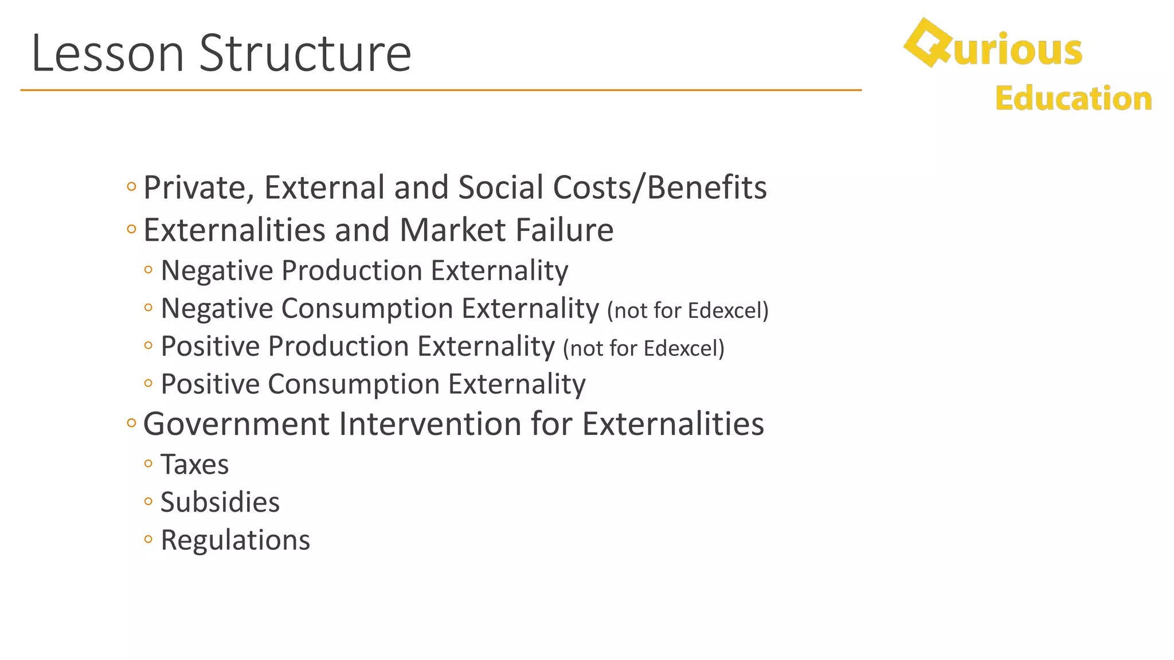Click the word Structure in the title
pyautogui.click(x=305, y=53)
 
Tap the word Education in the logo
pyautogui.click(x=1073, y=99)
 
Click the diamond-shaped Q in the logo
pyautogui.click(x=925, y=43)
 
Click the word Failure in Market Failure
pyautogui.click(x=564, y=230)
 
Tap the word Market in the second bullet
pyautogui.click(x=452, y=230)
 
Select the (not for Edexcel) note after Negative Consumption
pyautogui.click(x=687, y=311)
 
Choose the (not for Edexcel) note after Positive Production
pyautogui.click(x=643, y=348)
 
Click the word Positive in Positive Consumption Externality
pyautogui.click(x=210, y=384)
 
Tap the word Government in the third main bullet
pyautogui.click(x=236, y=425)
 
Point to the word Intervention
pyautogui.click(x=430, y=425)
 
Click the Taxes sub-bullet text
pyautogui.click(x=194, y=464)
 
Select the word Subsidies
pyautogui.click(x=220, y=502)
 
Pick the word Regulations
pyautogui.click(x=235, y=540)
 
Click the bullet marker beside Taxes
pyautogui.click(x=148, y=463)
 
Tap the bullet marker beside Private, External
pyautogui.click(x=131, y=186)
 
